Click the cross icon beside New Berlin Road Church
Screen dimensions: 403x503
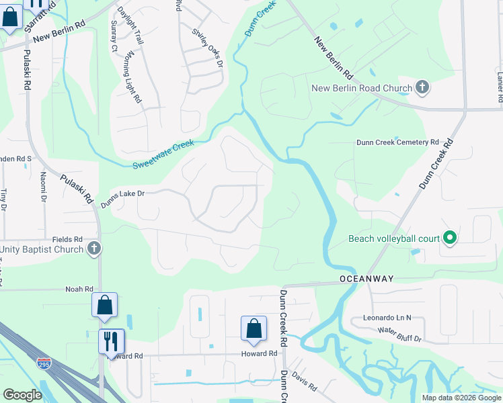tap(422, 87)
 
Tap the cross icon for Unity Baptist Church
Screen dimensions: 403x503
tap(94, 249)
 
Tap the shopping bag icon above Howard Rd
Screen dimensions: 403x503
tap(254, 328)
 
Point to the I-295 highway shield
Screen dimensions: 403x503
tap(42, 363)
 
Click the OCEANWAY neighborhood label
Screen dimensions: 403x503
tap(366, 278)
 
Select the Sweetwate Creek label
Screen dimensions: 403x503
tap(163, 154)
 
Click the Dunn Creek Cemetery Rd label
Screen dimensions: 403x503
tap(397, 142)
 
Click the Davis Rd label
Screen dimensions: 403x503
tap(304, 384)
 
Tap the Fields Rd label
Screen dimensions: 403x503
tap(68, 239)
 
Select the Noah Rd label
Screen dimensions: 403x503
tap(79, 289)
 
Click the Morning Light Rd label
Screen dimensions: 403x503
tap(132, 79)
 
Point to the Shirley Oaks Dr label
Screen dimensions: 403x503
tap(206, 46)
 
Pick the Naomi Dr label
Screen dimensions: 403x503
tap(43, 187)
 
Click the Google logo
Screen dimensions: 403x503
tap(22, 395)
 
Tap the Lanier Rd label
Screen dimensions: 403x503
tap(499, 88)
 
